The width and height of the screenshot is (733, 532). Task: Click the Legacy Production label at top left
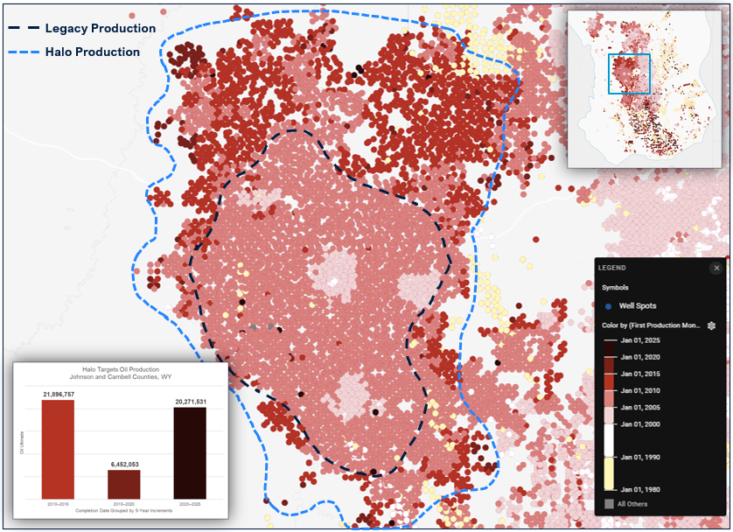coord(100,28)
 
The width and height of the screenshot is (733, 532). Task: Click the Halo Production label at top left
coord(94,52)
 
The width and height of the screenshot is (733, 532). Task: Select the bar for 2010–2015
coord(59,451)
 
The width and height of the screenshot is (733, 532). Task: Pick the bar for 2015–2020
coord(123,484)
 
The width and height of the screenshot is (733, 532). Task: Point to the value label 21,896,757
coord(59,395)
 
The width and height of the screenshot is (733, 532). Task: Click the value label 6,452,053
coord(123,464)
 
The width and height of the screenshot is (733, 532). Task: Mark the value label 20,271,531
coord(189,402)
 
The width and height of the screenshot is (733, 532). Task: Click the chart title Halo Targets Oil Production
coord(119,370)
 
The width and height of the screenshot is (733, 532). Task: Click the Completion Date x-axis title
coord(122,509)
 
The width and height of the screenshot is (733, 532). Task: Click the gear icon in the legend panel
coord(712,325)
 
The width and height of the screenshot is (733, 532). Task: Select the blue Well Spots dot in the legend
coord(608,306)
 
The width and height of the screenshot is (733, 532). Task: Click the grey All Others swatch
coord(608,504)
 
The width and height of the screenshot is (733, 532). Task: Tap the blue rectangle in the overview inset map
coord(629,73)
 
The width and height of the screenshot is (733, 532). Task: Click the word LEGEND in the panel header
coord(612,268)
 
